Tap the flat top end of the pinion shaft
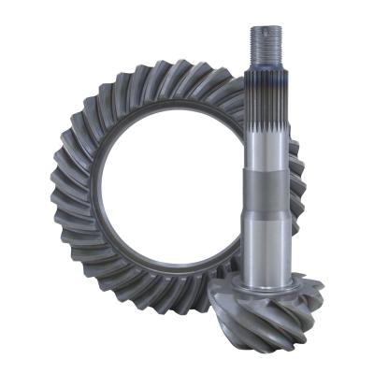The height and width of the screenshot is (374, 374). pos(265,27)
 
